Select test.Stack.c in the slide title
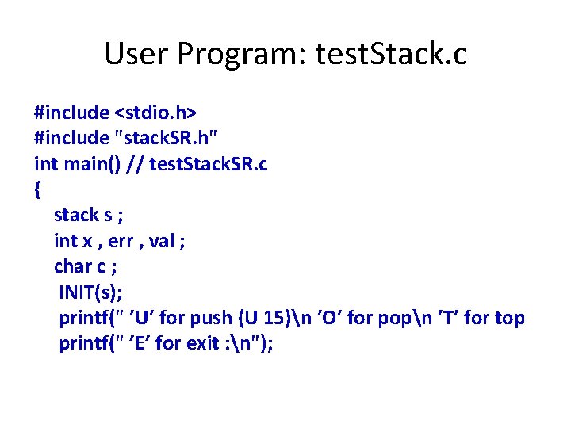[x=391, y=54]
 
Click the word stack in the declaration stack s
[x=75, y=215]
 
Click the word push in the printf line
[x=211, y=319]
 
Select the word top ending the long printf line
[x=509, y=319]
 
